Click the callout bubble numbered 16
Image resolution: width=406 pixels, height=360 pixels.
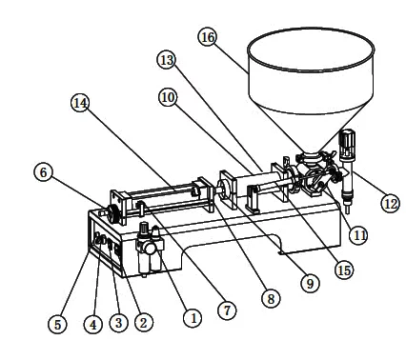(x=208, y=37)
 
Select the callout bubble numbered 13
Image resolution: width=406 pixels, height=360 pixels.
(x=167, y=60)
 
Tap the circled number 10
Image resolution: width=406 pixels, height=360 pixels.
(x=168, y=97)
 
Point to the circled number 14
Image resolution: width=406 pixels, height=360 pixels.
(x=80, y=103)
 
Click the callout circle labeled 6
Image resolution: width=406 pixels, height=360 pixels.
(x=43, y=172)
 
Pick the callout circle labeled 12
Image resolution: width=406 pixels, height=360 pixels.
(x=391, y=203)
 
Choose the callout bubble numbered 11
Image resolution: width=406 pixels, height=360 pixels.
(x=358, y=235)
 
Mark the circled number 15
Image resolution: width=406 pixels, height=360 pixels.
(x=344, y=270)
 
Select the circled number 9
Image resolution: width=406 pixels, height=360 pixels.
(x=310, y=283)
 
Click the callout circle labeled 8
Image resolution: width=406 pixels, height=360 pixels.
(x=271, y=298)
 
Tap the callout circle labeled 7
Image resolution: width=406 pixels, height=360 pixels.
(x=227, y=310)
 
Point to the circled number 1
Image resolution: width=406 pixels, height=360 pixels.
(x=193, y=317)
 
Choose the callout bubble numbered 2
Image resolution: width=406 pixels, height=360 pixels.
(x=144, y=323)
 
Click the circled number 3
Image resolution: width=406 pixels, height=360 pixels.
(x=119, y=323)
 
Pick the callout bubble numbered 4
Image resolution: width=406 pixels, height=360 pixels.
(x=93, y=324)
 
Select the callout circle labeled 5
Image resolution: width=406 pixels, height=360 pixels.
(x=57, y=324)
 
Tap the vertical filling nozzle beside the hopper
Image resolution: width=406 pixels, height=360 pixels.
(x=347, y=170)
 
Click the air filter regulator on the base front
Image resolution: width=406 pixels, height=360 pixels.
(x=149, y=249)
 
